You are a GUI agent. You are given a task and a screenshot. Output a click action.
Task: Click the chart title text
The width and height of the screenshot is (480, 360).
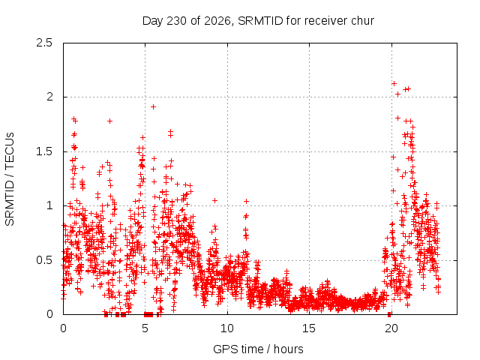point(258,21)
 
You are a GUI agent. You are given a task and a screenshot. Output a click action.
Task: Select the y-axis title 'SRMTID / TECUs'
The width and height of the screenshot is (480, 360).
point(10,179)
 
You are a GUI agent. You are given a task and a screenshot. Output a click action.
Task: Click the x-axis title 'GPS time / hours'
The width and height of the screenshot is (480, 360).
point(258,349)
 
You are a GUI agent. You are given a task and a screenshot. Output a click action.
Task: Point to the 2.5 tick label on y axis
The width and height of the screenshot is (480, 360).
point(44,43)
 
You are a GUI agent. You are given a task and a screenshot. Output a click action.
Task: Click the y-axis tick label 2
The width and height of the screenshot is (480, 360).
point(49,97)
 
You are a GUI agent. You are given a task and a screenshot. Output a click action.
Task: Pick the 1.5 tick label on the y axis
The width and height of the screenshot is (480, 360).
point(44,151)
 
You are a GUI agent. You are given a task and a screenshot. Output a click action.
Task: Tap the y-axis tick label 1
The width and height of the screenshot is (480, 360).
point(50,205)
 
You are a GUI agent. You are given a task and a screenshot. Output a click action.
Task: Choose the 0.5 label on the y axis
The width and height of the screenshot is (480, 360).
point(44,260)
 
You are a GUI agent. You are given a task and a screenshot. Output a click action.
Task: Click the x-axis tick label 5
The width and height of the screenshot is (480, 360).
point(145,328)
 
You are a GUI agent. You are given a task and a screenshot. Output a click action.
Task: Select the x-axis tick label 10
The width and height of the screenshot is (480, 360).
point(227,328)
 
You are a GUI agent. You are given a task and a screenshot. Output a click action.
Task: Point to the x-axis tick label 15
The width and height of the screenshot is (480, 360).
point(309,328)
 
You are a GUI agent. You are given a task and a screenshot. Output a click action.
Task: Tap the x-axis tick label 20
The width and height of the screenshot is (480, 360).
point(391,328)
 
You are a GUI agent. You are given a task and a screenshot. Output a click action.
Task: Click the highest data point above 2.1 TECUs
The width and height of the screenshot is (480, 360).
point(394,83)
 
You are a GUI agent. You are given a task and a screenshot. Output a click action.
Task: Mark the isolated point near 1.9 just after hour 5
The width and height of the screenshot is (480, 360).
point(153,106)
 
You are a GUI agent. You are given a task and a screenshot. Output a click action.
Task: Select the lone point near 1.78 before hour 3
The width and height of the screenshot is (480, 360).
point(110,121)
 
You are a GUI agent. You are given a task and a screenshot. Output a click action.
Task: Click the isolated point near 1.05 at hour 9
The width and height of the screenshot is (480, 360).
point(215,200)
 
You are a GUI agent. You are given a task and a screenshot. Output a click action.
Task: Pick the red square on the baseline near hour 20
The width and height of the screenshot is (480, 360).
point(389,314)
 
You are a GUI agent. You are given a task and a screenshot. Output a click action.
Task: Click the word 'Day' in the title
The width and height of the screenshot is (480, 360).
point(152,21)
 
